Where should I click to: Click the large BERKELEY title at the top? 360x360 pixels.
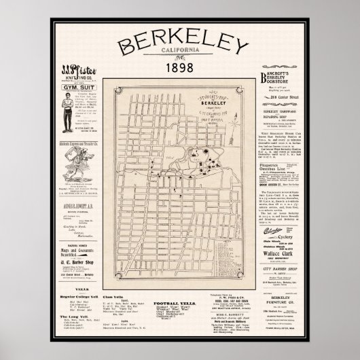(180, 46)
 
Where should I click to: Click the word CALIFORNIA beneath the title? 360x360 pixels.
(180, 58)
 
